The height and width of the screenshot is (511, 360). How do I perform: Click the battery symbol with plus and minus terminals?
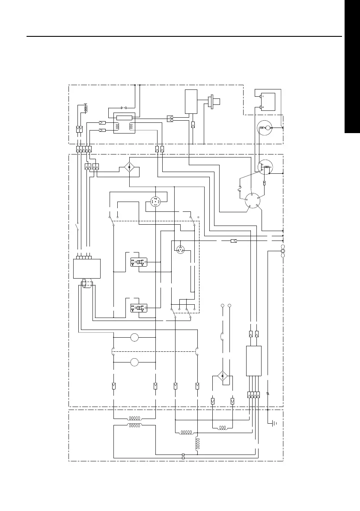pos(268,102)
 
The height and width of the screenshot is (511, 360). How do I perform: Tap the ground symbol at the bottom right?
pos(274,424)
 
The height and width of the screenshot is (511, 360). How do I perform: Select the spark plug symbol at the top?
pos(213,102)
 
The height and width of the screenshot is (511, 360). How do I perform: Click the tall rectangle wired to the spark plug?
pos(191,101)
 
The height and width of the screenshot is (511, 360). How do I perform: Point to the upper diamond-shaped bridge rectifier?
pos(130,167)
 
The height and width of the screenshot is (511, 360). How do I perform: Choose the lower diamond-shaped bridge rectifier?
pos(222,376)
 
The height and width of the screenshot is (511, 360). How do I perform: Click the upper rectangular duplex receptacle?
pos(139,261)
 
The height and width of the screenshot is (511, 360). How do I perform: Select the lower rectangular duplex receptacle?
pos(139,308)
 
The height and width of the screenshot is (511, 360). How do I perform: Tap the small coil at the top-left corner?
pos(86,108)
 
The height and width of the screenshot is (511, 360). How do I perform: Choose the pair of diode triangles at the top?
pos(124,107)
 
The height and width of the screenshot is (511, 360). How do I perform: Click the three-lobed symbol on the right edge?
pos(283,251)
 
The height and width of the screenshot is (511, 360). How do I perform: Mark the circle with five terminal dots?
pos(251,201)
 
